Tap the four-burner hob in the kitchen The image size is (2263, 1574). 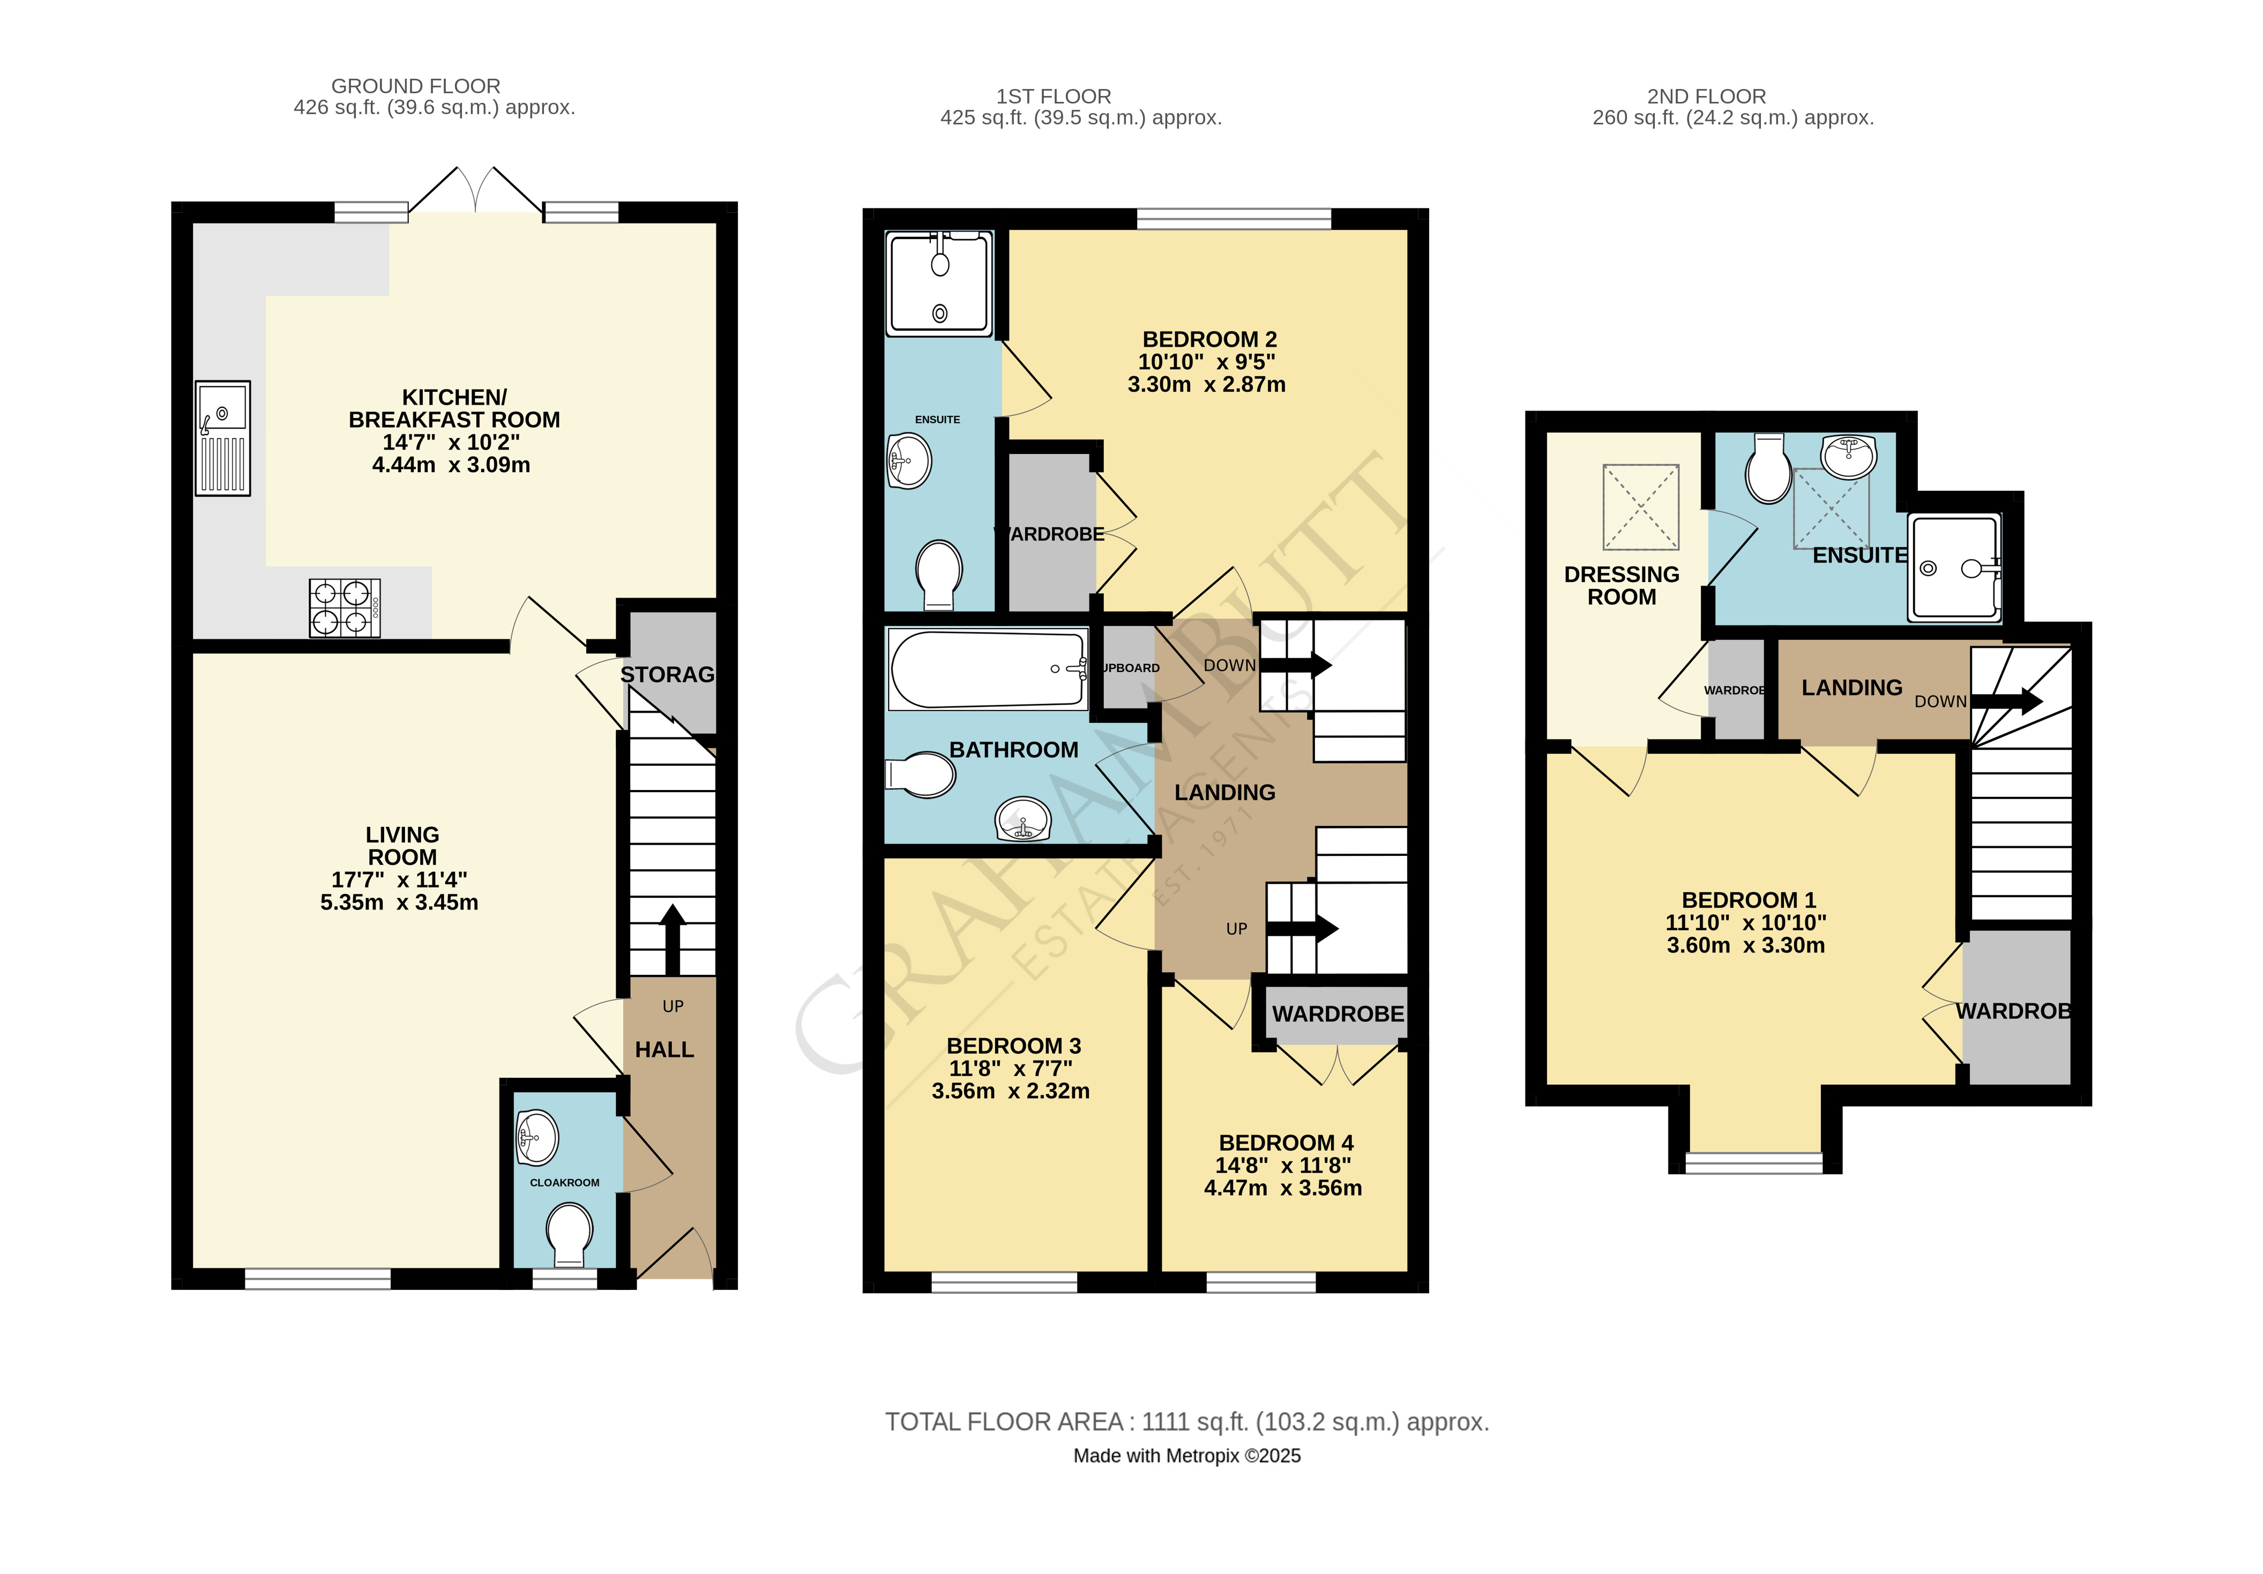pyautogui.click(x=344, y=607)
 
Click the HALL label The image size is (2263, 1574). pyautogui.click(x=664, y=1050)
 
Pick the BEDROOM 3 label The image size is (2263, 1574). pyautogui.click(x=1013, y=1046)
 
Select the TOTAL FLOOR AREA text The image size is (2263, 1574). pyautogui.click(x=1186, y=1422)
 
